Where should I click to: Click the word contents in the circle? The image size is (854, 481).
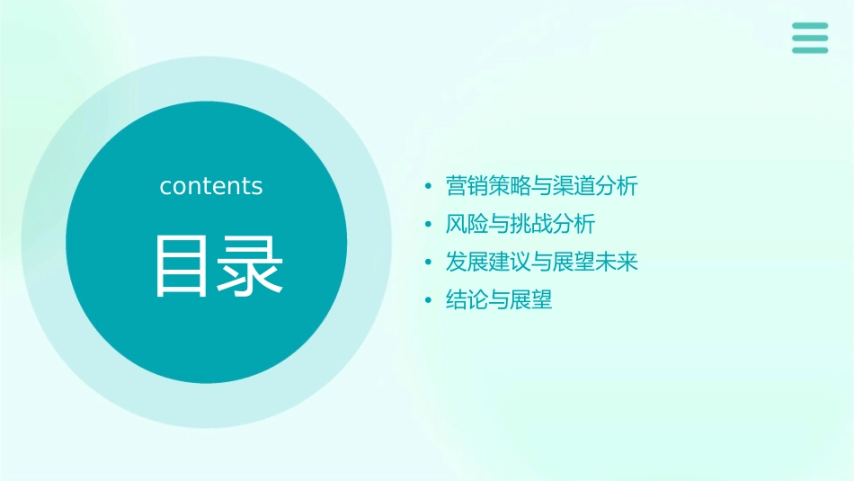coord(211,186)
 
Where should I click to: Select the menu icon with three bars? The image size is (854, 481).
coord(810,38)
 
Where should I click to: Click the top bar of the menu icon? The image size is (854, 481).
coord(810,26)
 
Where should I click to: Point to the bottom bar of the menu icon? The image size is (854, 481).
coord(810,49)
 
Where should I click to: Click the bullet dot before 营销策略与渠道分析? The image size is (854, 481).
coord(429,187)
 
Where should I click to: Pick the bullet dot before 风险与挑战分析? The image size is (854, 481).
coord(429,225)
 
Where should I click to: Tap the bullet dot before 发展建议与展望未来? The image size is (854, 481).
coord(429,263)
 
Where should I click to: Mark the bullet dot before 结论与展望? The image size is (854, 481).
coord(429,300)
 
